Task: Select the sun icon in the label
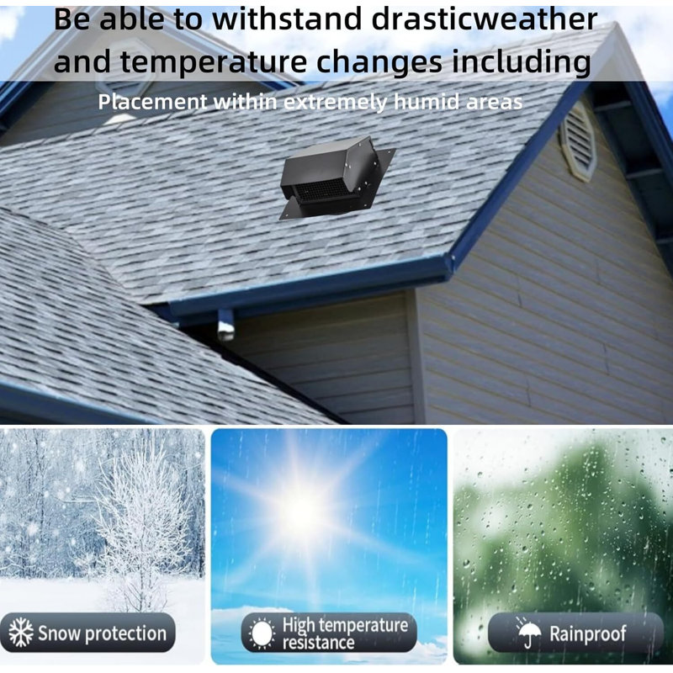click(261, 633)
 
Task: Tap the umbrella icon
click(527, 633)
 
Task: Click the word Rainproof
click(588, 633)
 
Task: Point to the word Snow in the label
click(58, 633)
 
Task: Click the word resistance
click(318, 643)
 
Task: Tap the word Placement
click(152, 103)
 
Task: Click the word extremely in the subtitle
click(336, 103)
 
